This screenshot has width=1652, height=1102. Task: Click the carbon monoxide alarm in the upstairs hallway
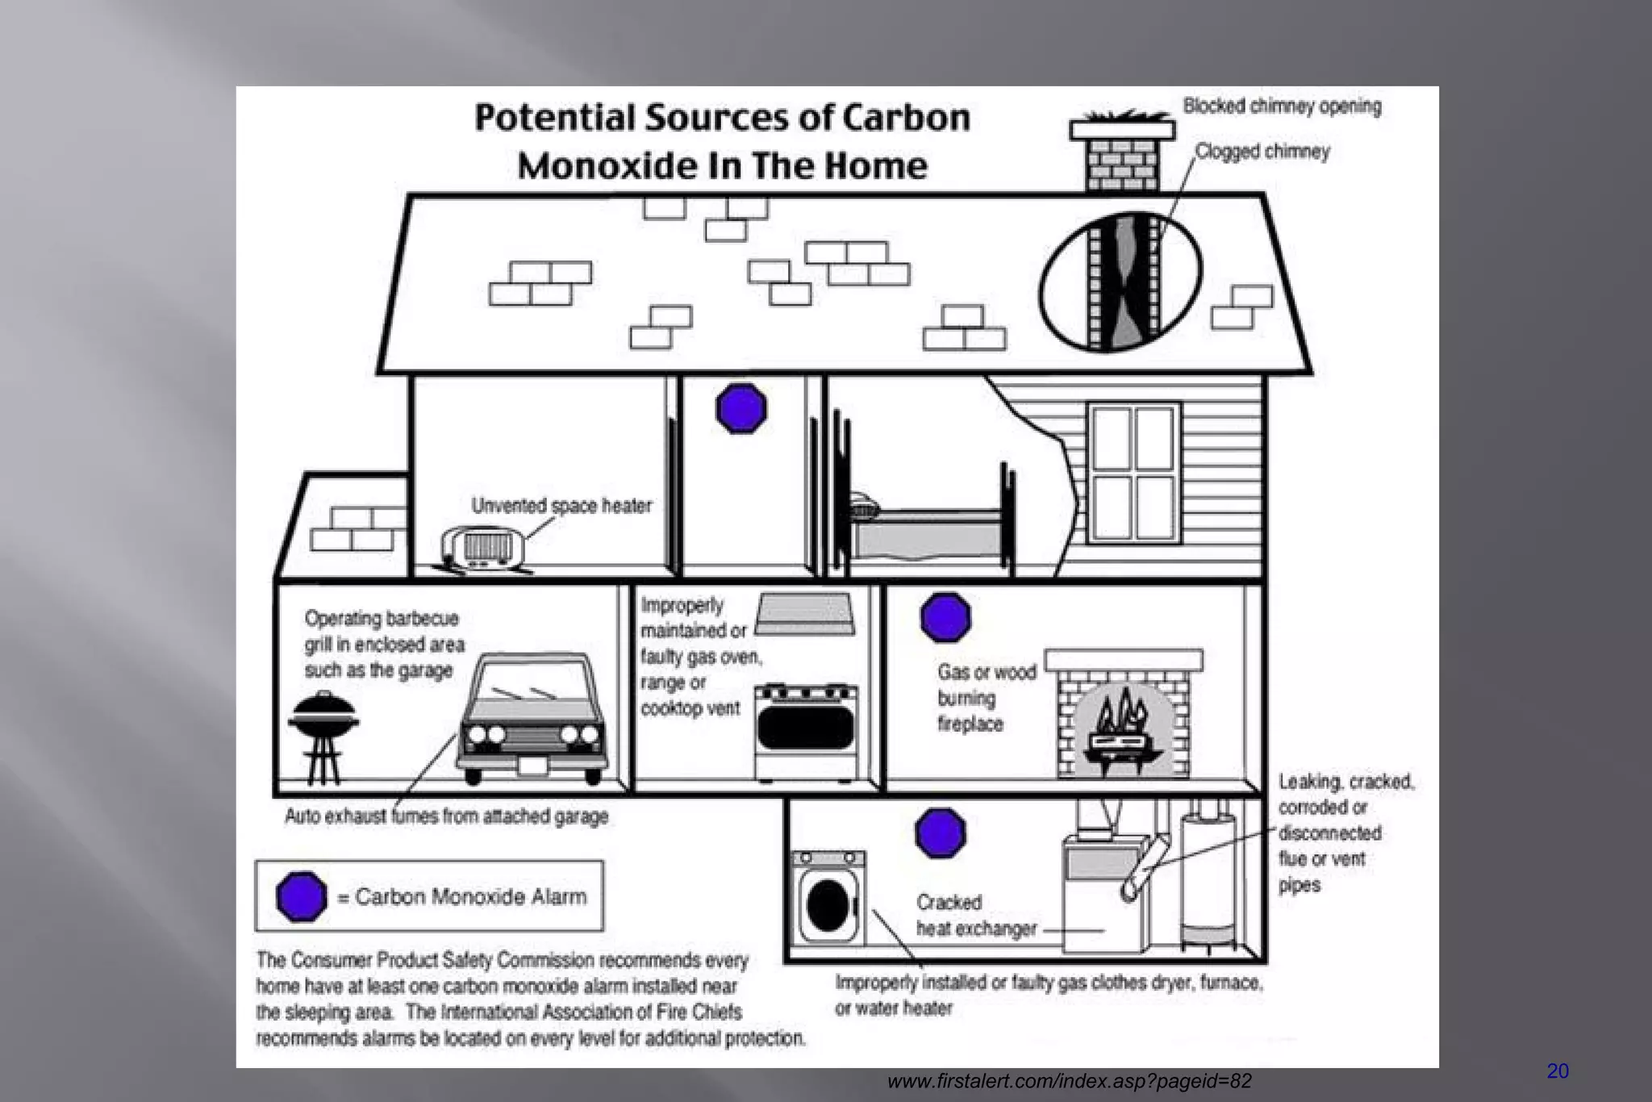pos(740,408)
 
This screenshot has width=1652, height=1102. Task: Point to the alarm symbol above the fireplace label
pos(945,617)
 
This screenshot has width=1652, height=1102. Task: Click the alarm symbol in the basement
pos(941,833)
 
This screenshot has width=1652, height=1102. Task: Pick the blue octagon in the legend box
pos(301,896)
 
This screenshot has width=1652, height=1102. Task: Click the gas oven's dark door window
pos(806,727)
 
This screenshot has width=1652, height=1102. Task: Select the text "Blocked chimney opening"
pos(1282,106)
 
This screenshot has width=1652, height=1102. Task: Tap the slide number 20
pos(1557,1071)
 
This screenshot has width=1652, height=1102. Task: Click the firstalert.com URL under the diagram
pos(1069,1081)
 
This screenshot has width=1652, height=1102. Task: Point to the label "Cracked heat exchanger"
pos(975,916)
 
